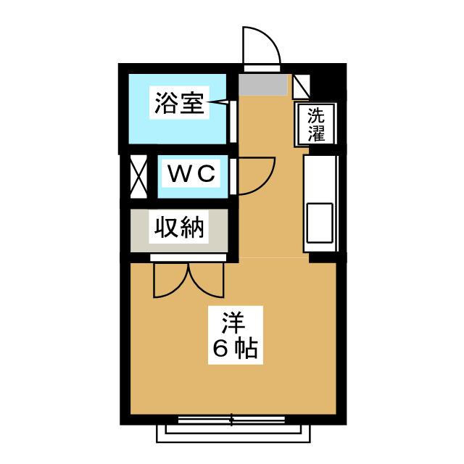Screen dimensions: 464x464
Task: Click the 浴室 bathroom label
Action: (179, 103)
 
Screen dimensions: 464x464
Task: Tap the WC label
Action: (191, 174)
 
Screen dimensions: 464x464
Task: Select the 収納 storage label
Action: (179, 227)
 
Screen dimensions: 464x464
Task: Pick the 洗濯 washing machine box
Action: (316, 125)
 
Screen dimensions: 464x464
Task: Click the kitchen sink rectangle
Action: (320, 223)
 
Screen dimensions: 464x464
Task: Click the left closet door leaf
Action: (171, 281)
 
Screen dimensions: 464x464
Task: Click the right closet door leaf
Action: (207, 281)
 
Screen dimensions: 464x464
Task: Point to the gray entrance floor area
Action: (263, 85)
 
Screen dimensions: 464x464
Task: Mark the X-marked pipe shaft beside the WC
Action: (138, 177)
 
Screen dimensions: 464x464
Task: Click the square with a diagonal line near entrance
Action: (302, 87)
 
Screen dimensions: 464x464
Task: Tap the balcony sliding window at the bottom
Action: (231, 420)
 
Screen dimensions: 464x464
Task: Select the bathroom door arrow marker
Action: (218, 102)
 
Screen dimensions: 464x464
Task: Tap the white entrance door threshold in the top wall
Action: (262, 68)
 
